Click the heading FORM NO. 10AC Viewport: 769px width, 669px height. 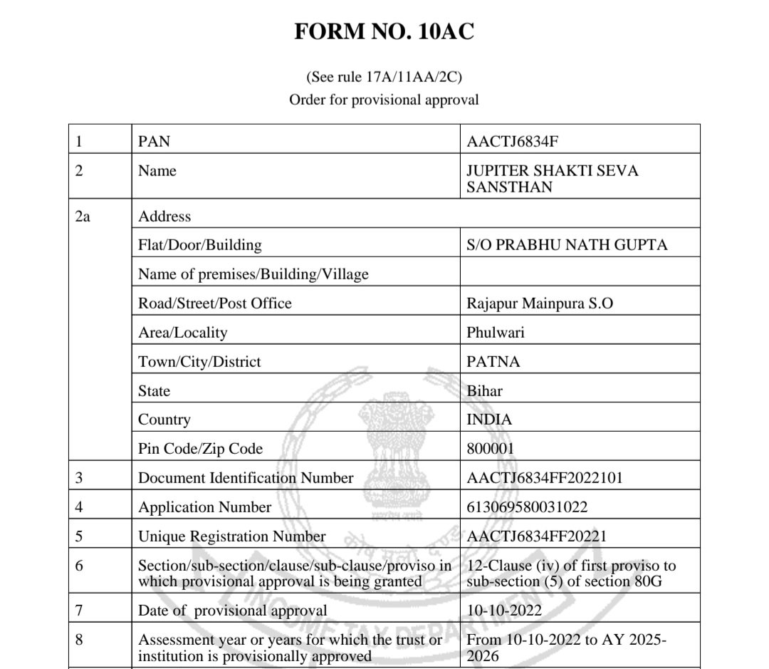[384, 32]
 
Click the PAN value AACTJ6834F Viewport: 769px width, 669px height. [512, 141]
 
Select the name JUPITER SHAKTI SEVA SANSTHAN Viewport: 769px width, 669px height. [552, 179]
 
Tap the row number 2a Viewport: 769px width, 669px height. [83, 216]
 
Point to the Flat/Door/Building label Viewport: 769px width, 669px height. [200, 245]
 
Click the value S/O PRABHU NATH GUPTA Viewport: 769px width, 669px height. [567, 245]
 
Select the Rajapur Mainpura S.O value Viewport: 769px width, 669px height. [540, 303]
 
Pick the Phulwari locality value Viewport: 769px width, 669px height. [496, 332]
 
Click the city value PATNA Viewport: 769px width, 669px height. [493, 361]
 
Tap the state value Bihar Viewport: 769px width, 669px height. [483, 390]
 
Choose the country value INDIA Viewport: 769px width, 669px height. [489, 420]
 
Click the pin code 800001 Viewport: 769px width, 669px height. [491, 449]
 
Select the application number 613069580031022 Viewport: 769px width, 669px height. [527, 507]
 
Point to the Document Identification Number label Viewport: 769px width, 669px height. [246, 478]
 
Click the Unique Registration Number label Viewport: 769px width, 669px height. [232, 536]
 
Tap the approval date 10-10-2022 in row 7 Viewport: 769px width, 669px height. [504, 611]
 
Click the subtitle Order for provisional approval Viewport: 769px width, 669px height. [384, 100]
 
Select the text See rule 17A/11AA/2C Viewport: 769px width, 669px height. [384, 76]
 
